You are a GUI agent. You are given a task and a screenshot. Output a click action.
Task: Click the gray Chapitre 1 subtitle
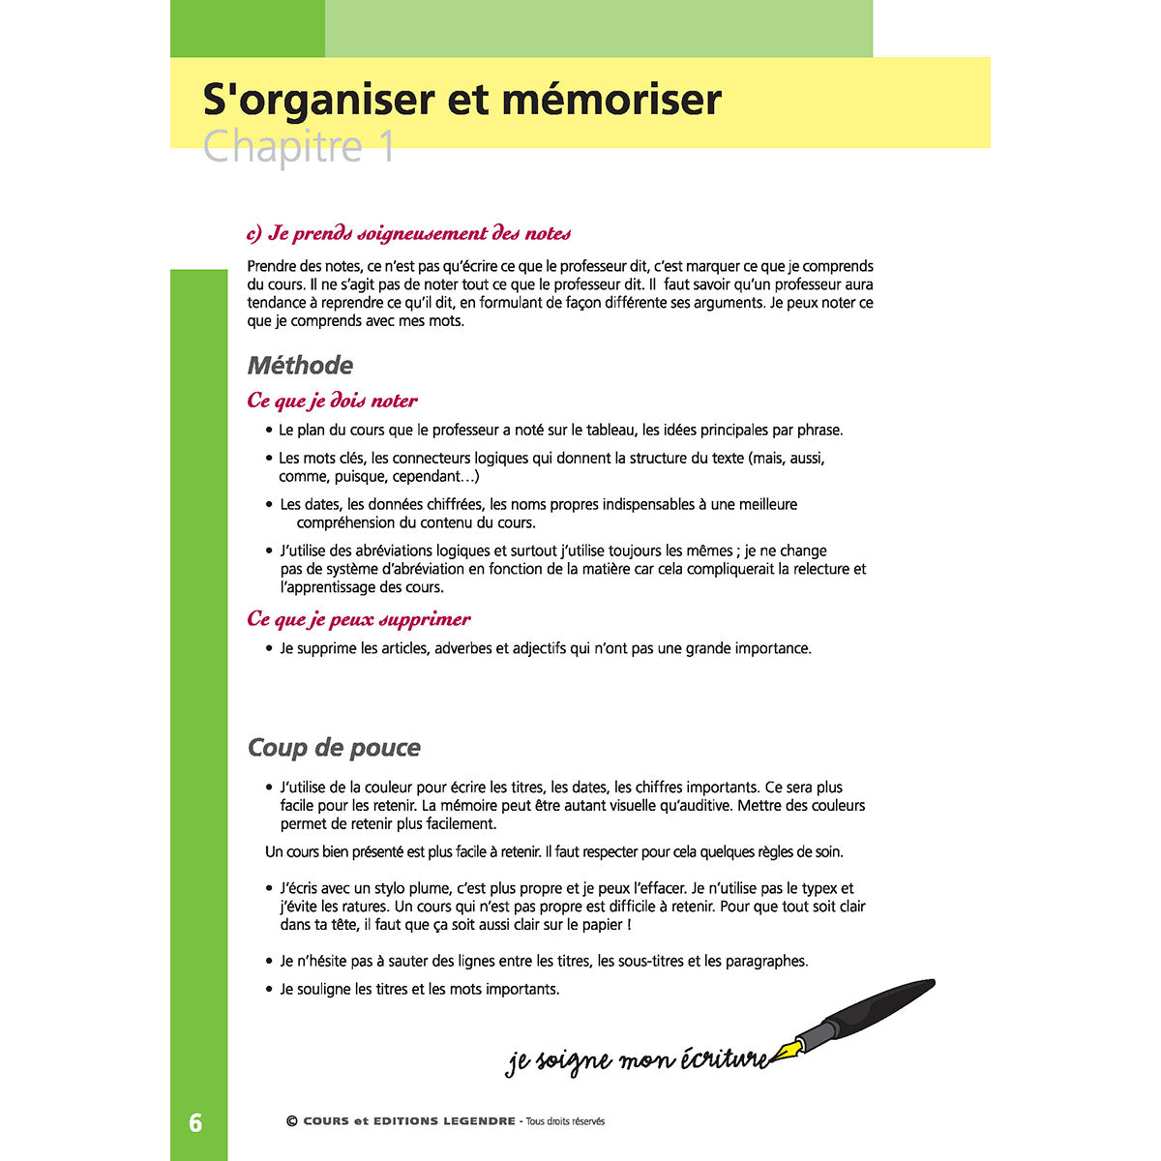pos(299,147)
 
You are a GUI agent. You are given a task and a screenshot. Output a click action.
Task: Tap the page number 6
pos(196,1122)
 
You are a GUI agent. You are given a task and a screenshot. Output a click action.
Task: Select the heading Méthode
pos(300,366)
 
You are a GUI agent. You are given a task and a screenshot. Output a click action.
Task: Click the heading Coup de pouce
pos(334,748)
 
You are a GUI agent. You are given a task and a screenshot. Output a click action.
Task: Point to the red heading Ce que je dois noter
pos(332,401)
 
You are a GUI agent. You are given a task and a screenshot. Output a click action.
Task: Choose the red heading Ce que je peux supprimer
pos(359,619)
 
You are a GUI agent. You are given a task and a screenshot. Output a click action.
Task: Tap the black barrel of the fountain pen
pos(880,1006)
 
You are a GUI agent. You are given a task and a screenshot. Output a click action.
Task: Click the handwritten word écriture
pos(720,1059)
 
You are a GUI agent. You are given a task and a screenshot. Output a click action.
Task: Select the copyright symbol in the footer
pos(291,1122)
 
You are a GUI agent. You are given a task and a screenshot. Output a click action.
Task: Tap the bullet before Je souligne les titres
pos(269,990)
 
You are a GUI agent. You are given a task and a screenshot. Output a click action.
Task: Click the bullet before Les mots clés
pos(269,459)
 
